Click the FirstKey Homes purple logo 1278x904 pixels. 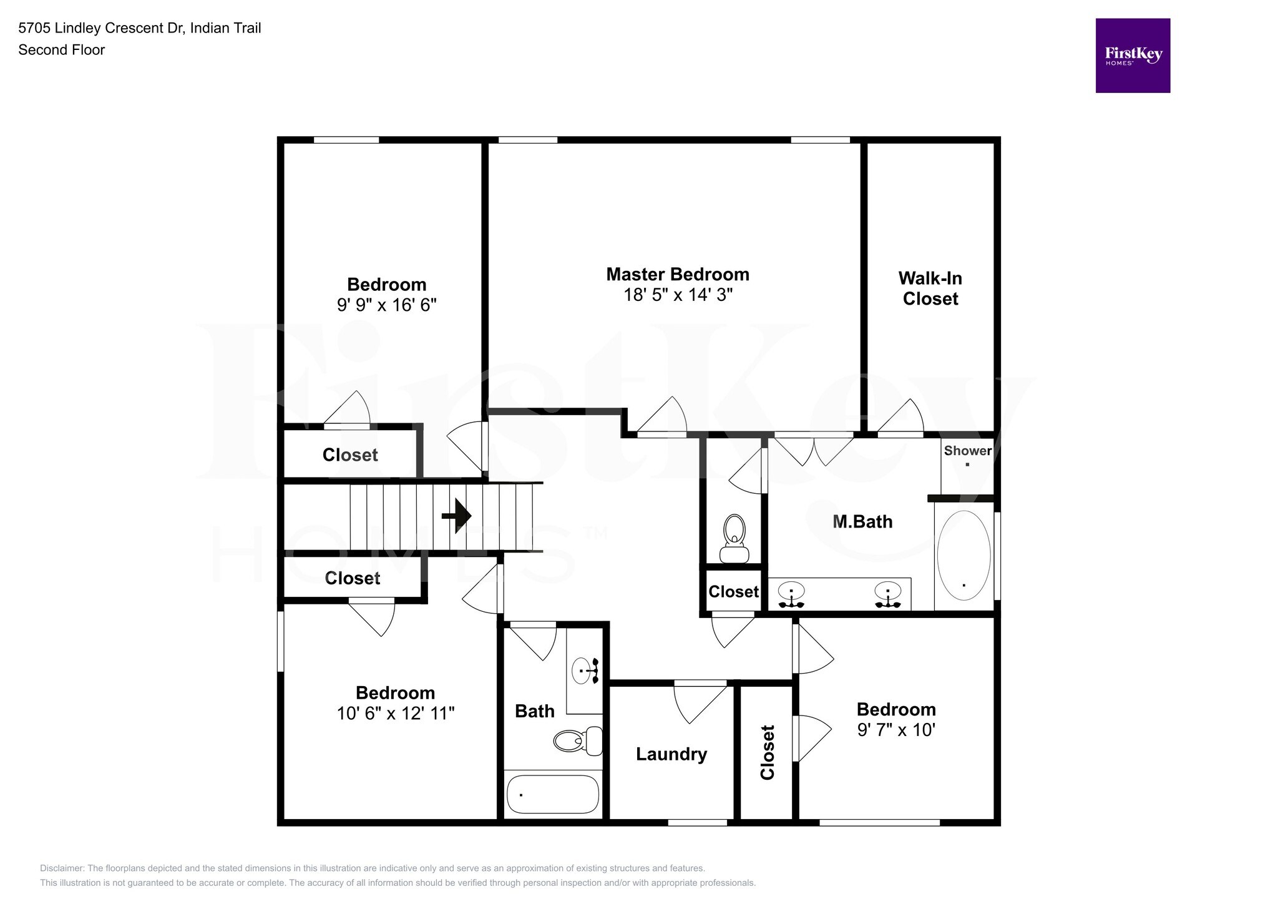pos(1132,56)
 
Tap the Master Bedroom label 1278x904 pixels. pos(678,274)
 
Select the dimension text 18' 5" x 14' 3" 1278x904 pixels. pos(678,295)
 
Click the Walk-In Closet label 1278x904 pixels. pos(930,288)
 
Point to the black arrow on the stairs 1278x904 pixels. pos(457,516)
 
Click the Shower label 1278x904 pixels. pos(967,451)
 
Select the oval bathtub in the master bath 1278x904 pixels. pos(963,555)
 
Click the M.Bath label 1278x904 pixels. pos(862,521)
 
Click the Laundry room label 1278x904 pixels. pos(671,754)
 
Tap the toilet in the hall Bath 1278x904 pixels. pos(577,741)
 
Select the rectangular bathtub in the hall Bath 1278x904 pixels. pos(552,794)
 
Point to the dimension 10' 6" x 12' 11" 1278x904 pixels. pos(396,713)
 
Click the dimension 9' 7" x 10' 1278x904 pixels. pos(895,730)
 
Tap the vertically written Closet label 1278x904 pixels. pos(767,752)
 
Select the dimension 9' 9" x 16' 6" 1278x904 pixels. pos(386,305)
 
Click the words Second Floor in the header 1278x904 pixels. pos(61,50)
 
